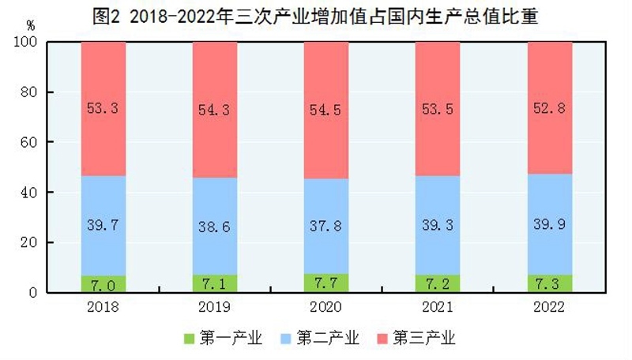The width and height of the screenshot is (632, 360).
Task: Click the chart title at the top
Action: point(315,17)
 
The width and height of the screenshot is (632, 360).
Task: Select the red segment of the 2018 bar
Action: point(103,79)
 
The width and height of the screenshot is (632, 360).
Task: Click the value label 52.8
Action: point(550,109)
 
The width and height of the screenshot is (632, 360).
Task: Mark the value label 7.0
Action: point(103,283)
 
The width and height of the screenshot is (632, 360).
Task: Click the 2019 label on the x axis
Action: point(215,306)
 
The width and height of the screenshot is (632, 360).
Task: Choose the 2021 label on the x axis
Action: point(438,306)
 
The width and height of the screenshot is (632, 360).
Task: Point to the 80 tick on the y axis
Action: point(29,92)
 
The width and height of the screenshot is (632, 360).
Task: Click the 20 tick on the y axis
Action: point(29,242)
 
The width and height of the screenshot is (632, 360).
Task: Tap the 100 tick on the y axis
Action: point(26,43)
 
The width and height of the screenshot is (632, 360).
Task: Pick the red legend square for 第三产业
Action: point(382,339)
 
